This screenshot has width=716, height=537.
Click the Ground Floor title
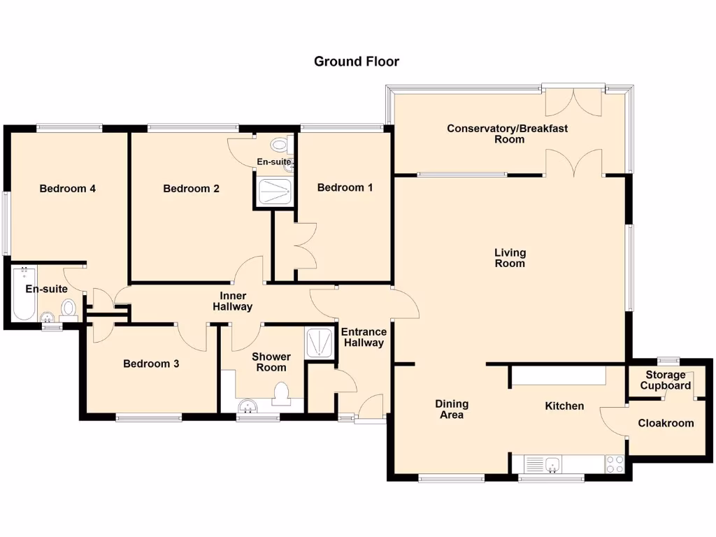point(356,62)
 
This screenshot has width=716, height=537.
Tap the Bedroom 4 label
point(67,188)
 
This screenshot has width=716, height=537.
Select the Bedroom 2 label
point(191,188)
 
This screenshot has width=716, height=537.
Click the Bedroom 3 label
point(151,364)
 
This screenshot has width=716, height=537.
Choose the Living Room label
point(510,258)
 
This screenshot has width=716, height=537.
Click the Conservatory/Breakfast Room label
point(507,134)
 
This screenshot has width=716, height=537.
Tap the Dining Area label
point(452,409)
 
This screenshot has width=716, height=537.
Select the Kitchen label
point(564,406)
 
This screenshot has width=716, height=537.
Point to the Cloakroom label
point(666,422)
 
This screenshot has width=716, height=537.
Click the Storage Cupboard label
point(666,380)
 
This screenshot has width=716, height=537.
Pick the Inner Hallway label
point(232,301)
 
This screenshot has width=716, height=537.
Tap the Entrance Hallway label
point(364,337)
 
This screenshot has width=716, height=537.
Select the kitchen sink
point(542,464)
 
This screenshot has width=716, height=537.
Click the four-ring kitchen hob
point(615,464)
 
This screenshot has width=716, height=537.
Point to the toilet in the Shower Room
point(282,394)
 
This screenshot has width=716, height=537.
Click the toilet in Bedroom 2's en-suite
point(280,145)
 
